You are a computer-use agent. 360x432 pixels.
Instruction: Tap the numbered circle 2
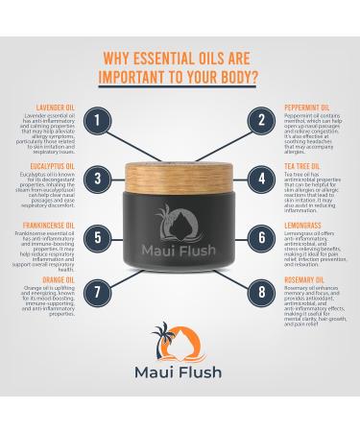pyautogui.click(x=261, y=121)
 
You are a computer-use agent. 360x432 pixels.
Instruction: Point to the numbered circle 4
pyautogui.click(x=261, y=179)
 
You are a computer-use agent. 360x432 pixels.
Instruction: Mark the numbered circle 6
pyautogui.click(x=261, y=236)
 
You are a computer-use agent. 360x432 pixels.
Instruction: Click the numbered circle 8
pyautogui.click(x=261, y=292)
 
